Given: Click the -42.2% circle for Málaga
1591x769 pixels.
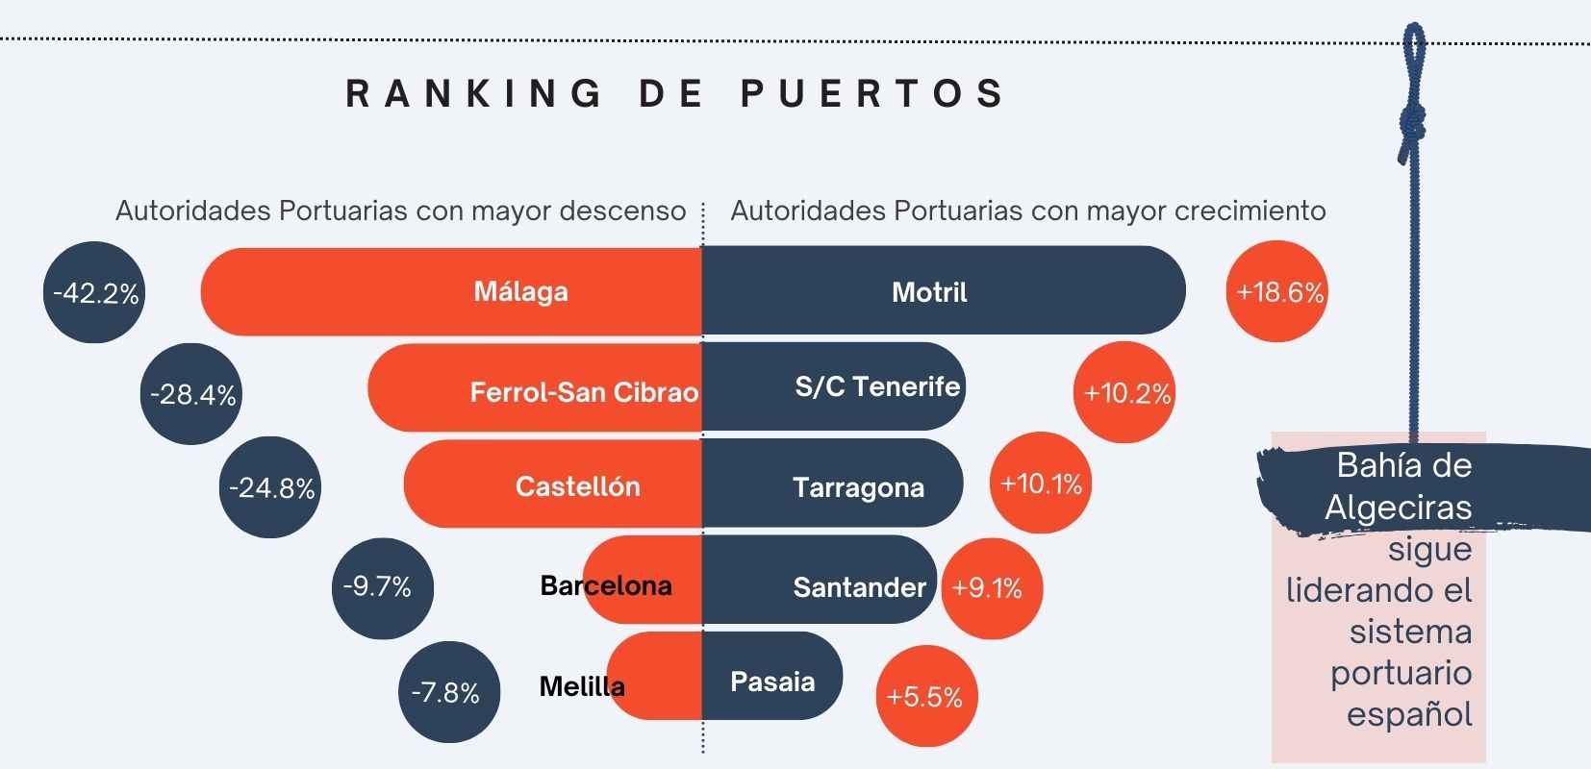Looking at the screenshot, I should coord(94,292).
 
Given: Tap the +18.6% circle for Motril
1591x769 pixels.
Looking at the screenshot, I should coord(1276,291).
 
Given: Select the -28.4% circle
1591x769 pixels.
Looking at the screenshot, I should coord(191,394).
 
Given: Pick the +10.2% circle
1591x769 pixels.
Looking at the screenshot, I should coord(1124,392).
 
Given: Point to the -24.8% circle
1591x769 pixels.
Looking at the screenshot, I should coord(270,487).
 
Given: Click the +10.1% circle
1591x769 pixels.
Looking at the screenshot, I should coord(1041,483).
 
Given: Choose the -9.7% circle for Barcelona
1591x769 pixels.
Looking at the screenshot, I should coord(382,587).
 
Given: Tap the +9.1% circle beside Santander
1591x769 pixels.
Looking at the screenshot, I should coord(991,588).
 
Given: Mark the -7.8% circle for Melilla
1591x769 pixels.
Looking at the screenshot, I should coord(448,692).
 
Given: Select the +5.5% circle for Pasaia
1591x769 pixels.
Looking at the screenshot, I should coord(926,696).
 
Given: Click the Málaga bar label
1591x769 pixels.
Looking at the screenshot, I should coord(520,291).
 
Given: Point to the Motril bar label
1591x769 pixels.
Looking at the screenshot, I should coord(929,292).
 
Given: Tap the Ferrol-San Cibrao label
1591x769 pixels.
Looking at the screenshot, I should coord(584,392).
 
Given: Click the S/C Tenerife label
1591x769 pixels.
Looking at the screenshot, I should coord(877,386).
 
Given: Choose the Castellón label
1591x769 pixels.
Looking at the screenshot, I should coord(577,486).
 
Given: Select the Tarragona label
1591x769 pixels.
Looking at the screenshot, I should coord(858,487).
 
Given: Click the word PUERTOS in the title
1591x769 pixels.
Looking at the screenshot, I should coord(872,93).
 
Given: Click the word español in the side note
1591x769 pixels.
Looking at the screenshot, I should coord(1409,714).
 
